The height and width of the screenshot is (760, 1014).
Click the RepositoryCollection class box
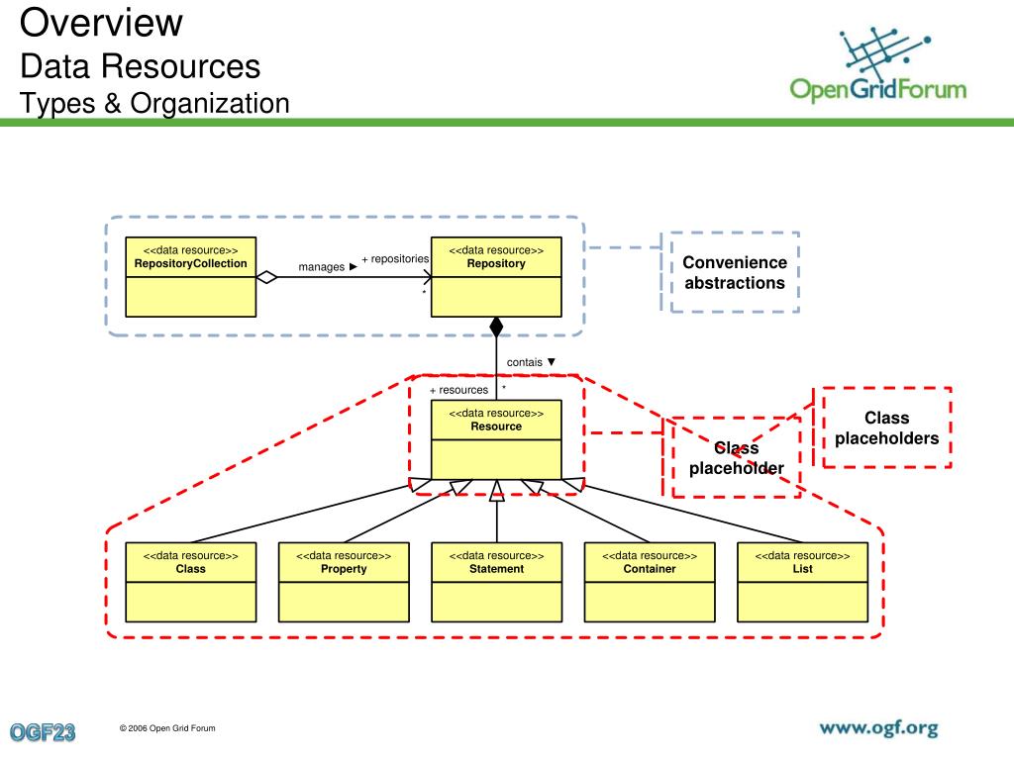tap(191, 277)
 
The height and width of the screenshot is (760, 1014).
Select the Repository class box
tap(496, 277)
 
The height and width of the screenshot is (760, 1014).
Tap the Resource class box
tap(496, 440)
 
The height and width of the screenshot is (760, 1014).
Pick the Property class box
tap(344, 582)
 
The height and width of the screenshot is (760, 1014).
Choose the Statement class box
tap(497, 582)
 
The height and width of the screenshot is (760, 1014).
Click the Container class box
tap(650, 582)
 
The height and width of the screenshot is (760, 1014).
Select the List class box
tap(802, 582)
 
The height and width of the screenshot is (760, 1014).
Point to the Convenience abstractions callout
tap(735, 272)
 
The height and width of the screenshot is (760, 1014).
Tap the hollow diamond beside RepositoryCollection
tap(266, 278)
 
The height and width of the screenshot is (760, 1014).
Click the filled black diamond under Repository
tap(496, 328)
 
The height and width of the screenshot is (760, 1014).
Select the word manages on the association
tap(322, 267)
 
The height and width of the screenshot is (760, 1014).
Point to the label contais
tap(525, 362)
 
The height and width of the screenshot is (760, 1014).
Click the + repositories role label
tap(395, 259)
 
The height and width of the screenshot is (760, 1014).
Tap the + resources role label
tap(458, 390)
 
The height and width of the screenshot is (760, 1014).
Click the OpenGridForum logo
tap(878, 65)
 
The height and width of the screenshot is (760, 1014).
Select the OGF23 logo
tap(43, 732)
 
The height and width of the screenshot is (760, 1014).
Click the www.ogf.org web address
tap(879, 729)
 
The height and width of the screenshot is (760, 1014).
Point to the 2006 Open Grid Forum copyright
tap(167, 728)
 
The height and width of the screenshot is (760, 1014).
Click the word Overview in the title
tap(102, 22)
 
